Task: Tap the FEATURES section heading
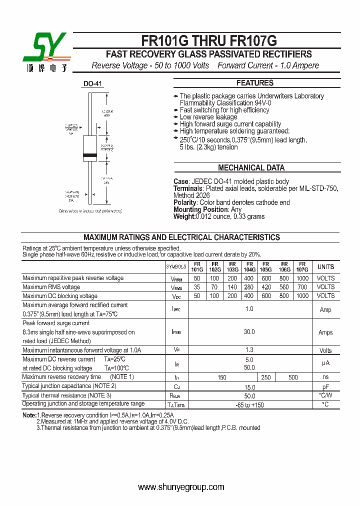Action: point(255,83)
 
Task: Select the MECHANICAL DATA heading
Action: point(251,168)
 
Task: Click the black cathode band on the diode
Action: point(90,155)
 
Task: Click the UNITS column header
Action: point(325,267)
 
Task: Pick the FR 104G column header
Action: point(249,267)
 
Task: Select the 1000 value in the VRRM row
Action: point(302,278)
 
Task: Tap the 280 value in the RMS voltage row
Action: point(249,287)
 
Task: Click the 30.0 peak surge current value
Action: point(249,332)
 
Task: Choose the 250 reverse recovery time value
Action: point(266,377)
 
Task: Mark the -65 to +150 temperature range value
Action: point(249,405)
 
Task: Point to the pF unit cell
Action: point(325,387)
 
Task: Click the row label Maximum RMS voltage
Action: point(51,287)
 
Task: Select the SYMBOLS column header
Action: point(176,267)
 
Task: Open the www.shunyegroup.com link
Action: point(181,487)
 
